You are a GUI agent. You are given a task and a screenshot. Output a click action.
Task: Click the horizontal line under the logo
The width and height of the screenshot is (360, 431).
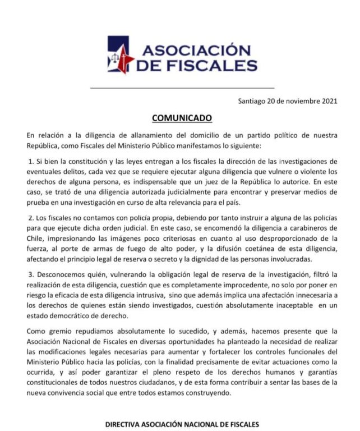click(182, 88)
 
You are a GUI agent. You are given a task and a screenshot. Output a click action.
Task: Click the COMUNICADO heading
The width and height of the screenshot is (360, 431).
click(182, 118)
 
